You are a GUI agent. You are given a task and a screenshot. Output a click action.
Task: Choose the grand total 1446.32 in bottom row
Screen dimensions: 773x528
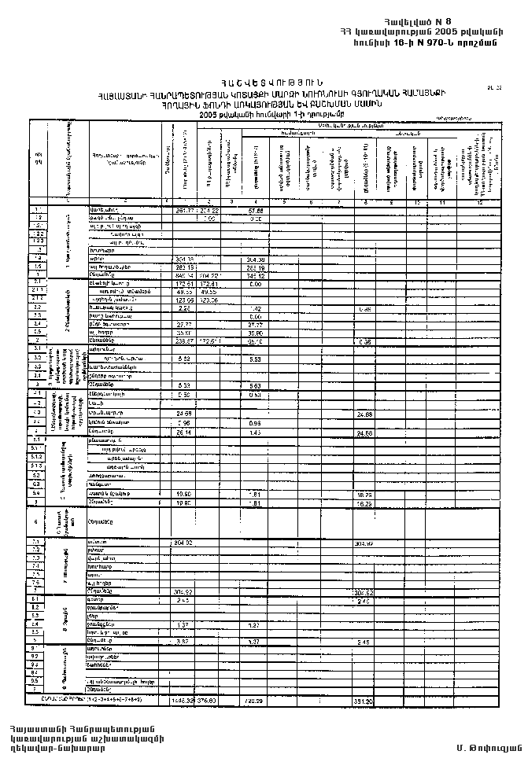182,698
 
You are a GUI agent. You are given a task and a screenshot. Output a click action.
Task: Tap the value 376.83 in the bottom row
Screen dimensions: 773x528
207,698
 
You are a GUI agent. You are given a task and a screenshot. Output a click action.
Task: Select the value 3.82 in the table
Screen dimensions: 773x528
182,641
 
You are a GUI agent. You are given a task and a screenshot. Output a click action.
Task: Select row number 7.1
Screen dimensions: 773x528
38,542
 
